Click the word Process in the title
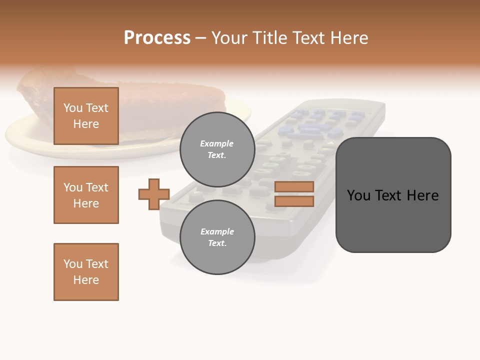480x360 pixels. point(157,38)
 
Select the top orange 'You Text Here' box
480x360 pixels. point(86,116)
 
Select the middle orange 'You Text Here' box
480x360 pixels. point(86,195)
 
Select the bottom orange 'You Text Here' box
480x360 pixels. point(86,272)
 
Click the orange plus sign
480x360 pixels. point(154,194)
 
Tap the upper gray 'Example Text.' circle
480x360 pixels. point(217,149)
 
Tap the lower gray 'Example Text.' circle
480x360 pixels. point(217,237)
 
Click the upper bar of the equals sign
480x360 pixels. point(294,186)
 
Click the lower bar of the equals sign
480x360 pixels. point(294,201)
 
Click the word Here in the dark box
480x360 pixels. point(422,195)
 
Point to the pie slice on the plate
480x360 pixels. point(150,100)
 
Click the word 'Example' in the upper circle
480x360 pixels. point(217,143)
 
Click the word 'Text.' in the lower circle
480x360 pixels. point(217,243)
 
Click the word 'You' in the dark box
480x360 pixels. point(358,195)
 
